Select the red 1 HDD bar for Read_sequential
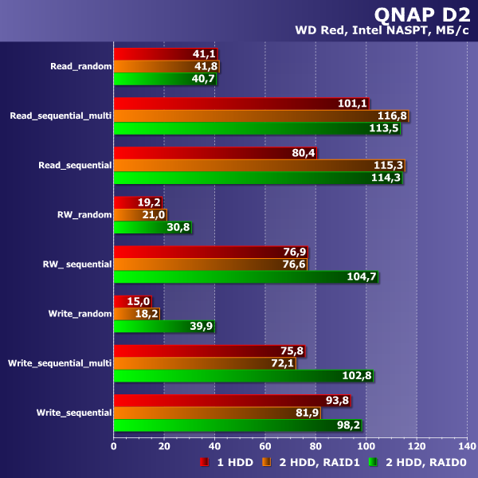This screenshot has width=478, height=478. click(x=214, y=153)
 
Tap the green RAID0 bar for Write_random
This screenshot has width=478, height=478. click(x=163, y=326)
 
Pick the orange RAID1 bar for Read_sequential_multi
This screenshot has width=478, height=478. click(x=260, y=116)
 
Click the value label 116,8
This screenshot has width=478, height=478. click(x=390, y=116)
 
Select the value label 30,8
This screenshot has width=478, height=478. click(x=175, y=228)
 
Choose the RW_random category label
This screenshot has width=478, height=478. click(x=84, y=214)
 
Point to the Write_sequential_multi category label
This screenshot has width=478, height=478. click(x=60, y=363)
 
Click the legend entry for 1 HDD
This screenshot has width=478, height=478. click(x=227, y=462)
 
